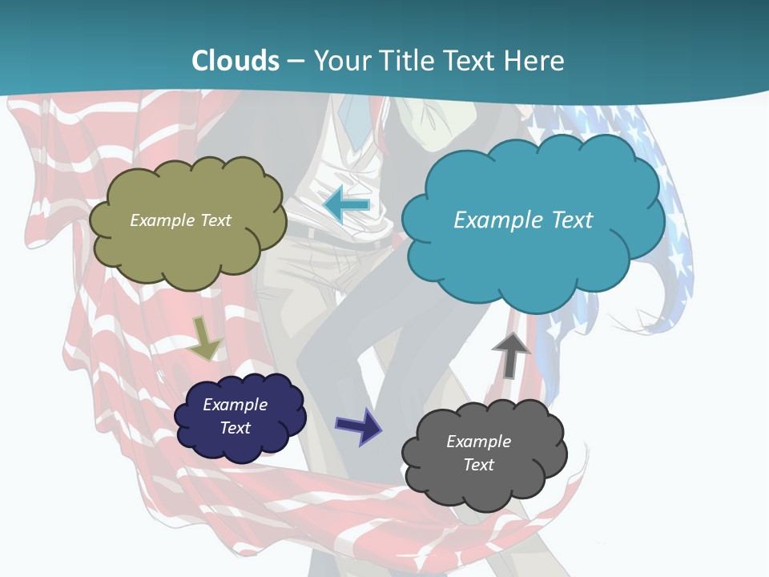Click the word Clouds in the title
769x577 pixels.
(x=236, y=60)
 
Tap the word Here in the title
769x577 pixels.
(x=533, y=60)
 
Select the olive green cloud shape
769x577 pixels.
(x=187, y=248)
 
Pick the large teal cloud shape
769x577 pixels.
(x=532, y=256)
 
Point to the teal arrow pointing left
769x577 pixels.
(x=346, y=205)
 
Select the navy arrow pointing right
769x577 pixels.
(x=358, y=426)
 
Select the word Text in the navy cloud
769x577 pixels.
(x=236, y=428)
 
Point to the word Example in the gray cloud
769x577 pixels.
(x=478, y=442)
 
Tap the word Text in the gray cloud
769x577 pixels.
(x=478, y=465)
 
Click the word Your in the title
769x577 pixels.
(x=340, y=60)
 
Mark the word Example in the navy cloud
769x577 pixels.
(x=236, y=405)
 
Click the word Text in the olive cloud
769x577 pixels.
(x=215, y=220)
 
